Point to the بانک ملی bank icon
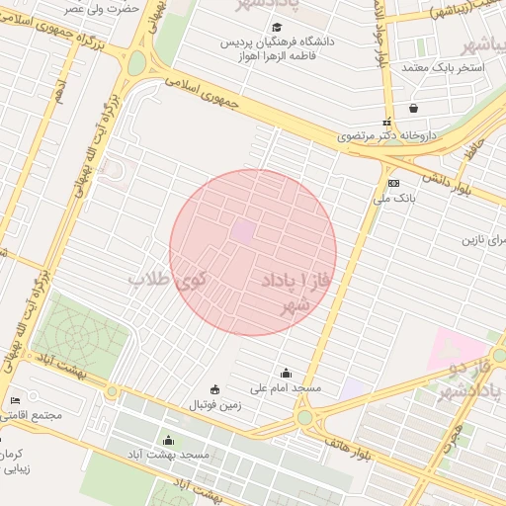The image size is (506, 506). pyautogui.click(x=393, y=183)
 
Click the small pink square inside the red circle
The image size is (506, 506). pyautogui.click(x=242, y=231)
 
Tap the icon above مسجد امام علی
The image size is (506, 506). pyautogui.click(x=287, y=373)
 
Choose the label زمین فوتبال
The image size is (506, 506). pyautogui.click(x=215, y=404)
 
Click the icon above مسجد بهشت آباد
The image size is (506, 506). pyautogui.click(x=168, y=440)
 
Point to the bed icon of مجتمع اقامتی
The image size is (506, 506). pyautogui.click(x=14, y=400)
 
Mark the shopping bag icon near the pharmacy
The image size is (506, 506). pyautogui.click(x=412, y=109)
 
